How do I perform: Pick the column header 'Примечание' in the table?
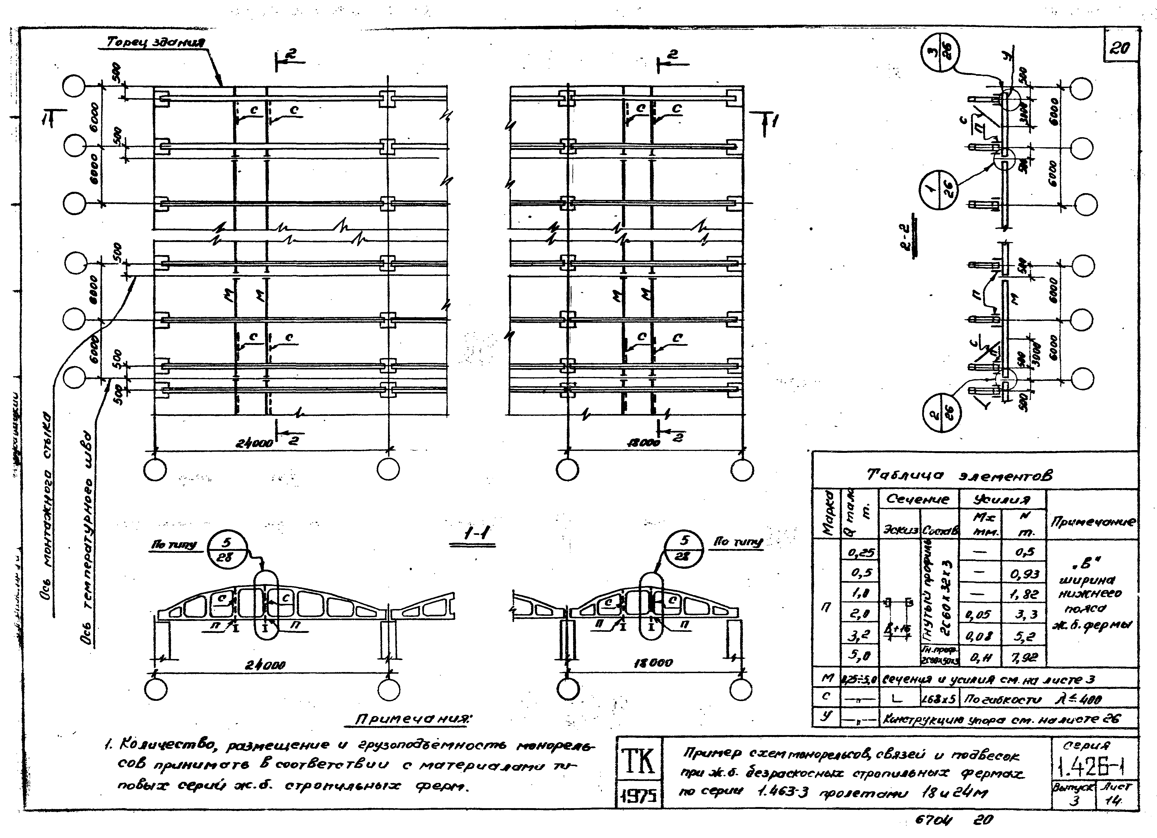[x=1092, y=521]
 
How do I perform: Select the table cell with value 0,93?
[x=1024, y=574]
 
